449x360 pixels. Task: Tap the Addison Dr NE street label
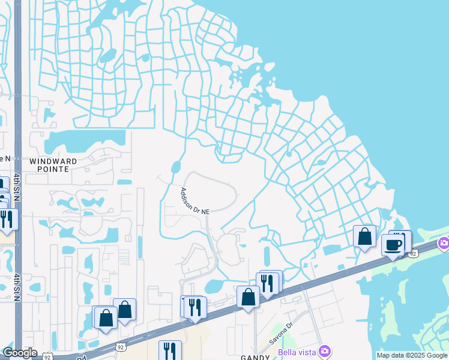coord(195,202)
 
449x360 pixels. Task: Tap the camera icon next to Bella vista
coord(325,350)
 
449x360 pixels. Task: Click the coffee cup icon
coord(393,245)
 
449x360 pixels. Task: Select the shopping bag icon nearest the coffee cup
coord(364,236)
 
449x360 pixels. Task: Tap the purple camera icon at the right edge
coord(444,243)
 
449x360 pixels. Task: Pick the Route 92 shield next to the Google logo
coord(47,356)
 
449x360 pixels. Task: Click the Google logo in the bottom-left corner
coord(20,353)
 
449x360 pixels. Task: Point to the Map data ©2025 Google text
coord(412,355)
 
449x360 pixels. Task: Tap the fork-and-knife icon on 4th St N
coord(7,218)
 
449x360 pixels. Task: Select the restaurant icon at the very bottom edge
coord(170,350)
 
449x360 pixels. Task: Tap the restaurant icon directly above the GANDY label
coord(267,283)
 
